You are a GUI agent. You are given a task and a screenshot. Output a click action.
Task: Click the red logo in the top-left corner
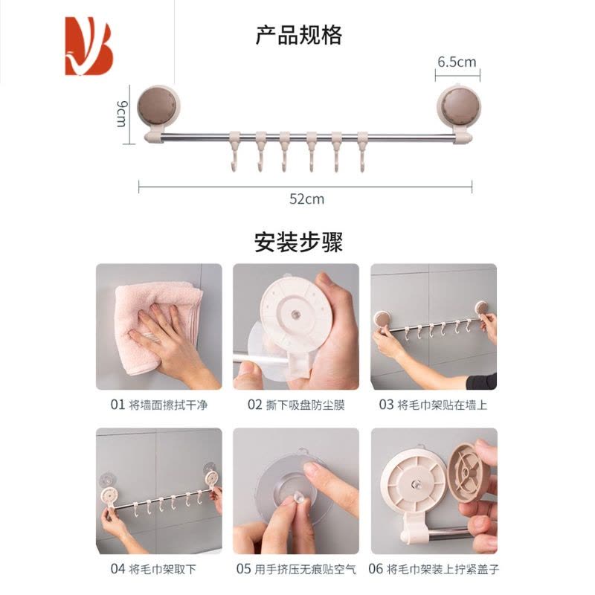89,46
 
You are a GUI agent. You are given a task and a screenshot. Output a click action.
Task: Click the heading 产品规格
299,35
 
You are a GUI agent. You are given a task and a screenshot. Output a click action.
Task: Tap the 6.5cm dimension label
457,62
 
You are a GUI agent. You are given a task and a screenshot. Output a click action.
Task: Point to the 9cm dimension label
121,114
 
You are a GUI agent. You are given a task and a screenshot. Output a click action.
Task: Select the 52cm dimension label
306,199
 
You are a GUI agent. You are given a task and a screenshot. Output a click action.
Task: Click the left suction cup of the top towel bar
158,106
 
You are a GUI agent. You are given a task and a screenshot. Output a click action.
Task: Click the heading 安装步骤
299,242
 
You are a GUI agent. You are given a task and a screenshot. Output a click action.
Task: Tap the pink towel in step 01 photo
158,327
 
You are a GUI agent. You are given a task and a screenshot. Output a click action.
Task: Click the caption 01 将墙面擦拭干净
159,405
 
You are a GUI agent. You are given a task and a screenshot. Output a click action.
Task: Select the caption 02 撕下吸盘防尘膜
296,405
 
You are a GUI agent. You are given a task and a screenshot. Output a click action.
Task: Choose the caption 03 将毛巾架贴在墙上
433,405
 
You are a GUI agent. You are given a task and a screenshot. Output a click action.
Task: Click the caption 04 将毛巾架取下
153,569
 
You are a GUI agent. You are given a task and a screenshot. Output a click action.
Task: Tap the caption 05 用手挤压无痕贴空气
296,569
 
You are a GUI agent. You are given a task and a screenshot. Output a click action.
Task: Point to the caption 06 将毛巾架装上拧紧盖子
434,569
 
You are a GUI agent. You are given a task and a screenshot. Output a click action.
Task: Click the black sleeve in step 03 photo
481,381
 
